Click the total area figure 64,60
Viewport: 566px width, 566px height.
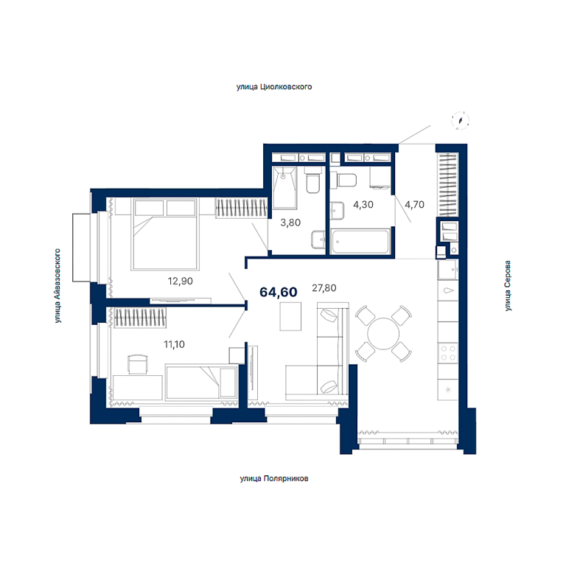click(279, 292)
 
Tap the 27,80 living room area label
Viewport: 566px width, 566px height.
click(324, 287)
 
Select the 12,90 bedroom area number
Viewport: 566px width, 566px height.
click(180, 281)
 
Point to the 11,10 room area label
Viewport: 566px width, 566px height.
click(175, 344)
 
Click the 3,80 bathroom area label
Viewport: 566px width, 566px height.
click(290, 223)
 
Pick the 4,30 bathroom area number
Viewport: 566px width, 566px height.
click(363, 205)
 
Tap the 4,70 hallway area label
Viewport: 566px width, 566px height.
click(414, 205)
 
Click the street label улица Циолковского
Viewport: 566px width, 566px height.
click(274, 87)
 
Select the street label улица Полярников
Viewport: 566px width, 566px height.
click(274, 478)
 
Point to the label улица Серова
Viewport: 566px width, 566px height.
click(508, 286)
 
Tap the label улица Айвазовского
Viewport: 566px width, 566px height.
click(57, 285)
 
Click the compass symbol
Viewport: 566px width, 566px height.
click(460, 120)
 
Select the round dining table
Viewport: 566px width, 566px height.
click(383, 334)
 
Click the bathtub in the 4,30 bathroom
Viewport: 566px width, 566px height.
click(360, 241)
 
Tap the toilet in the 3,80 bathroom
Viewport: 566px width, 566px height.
click(312, 180)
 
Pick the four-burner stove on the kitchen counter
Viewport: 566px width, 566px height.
click(448, 353)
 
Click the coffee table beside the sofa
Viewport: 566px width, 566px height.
click(290, 317)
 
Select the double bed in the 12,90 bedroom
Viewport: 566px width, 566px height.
click(165, 234)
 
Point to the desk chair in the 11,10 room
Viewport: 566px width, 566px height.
click(138, 364)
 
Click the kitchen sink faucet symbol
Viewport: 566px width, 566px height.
click(448, 290)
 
